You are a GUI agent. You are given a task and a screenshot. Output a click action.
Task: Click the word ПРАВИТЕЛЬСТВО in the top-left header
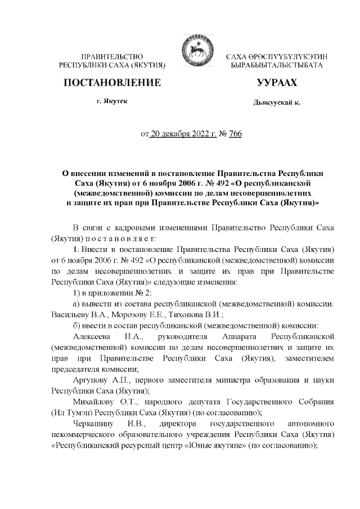pyautogui.click(x=112, y=58)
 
